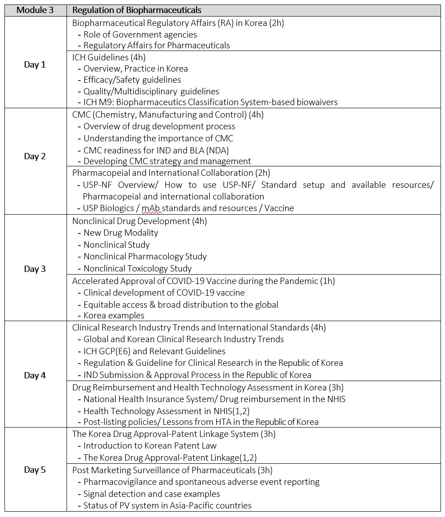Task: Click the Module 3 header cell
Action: [35, 10]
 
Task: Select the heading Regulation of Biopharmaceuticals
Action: [137, 10]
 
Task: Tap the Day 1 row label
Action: [35, 65]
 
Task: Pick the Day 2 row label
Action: [35, 157]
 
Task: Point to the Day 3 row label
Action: [35, 269]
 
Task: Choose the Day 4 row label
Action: [35, 376]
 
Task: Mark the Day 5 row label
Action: [35, 470]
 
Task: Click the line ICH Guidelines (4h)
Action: [109, 57]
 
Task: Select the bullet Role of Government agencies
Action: [140, 34]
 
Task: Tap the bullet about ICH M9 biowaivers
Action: [210, 102]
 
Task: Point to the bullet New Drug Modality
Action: [121, 233]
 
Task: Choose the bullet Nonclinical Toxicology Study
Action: [138, 269]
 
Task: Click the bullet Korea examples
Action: [114, 315]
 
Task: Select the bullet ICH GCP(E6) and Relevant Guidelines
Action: [154, 351]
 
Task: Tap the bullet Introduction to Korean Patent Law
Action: [150, 445]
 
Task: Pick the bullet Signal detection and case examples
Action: [151, 494]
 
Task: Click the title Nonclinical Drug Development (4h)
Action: [139, 221]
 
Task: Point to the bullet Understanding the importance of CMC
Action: [158, 138]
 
